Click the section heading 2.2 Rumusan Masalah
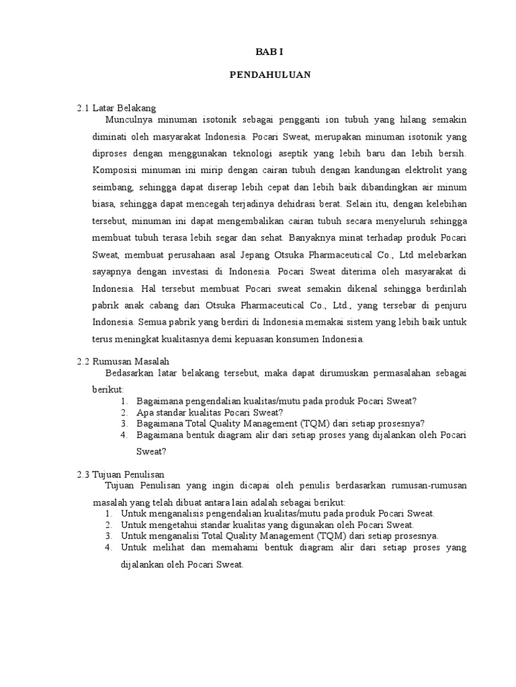(x=123, y=361)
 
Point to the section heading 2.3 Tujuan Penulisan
(x=121, y=474)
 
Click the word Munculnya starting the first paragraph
(x=130, y=119)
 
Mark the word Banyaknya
(x=310, y=237)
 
